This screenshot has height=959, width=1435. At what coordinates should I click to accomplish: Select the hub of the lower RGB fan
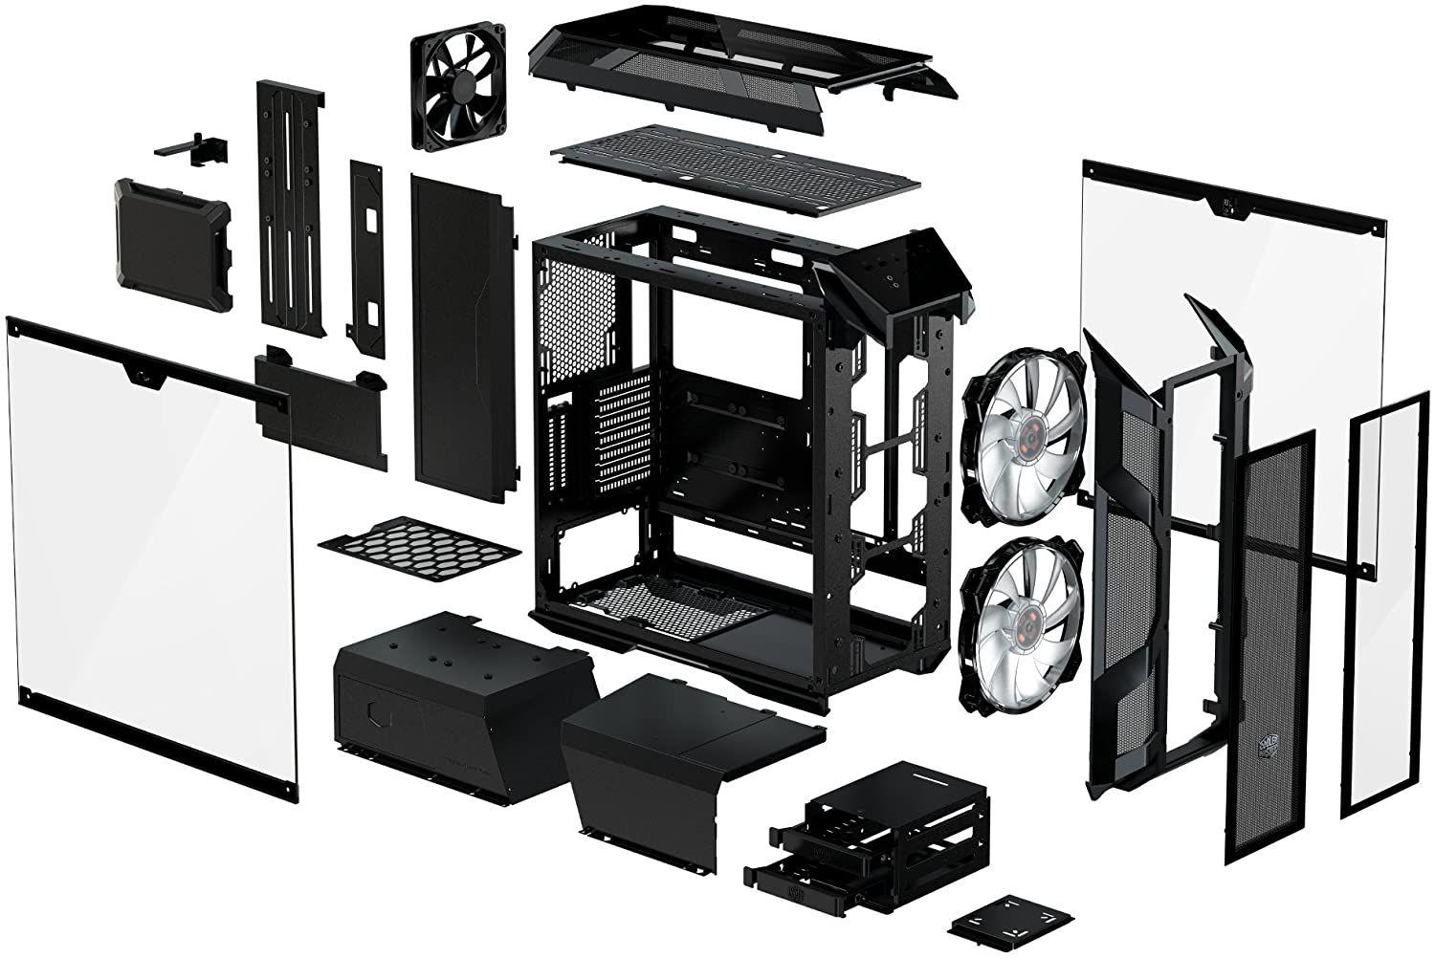(x=1020, y=612)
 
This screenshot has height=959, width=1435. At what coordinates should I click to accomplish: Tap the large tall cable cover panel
(x=461, y=325)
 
